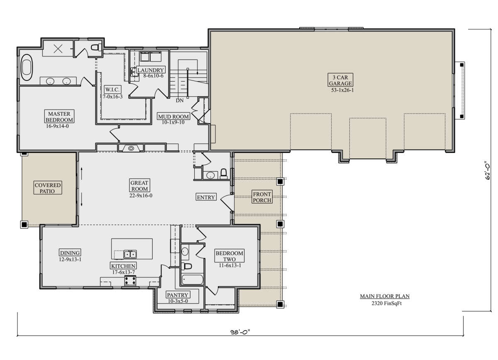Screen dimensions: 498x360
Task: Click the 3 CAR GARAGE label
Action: (340, 80)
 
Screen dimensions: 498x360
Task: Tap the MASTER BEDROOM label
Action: (59, 117)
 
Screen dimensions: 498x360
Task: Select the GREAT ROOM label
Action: (139, 186)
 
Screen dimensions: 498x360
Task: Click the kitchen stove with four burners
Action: (130, 280)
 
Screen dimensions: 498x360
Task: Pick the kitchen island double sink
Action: (130, 254)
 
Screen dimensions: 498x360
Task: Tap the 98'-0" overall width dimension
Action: (240, 332)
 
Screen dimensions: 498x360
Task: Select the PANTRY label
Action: (178, 295)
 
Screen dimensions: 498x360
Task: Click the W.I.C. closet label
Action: (112, 90)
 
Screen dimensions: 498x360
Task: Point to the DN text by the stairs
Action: (180, 101)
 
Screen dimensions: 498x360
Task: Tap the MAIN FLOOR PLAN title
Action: (385, 296)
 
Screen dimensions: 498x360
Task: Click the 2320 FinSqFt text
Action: (387, 303)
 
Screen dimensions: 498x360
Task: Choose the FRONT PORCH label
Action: (262, 197)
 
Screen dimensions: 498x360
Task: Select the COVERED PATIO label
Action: (48, 188)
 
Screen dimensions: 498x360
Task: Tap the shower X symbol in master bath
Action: (58, 49)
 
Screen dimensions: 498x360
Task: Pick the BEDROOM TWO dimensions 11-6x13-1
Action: (230, 265)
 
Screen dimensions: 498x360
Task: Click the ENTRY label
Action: (206, 197)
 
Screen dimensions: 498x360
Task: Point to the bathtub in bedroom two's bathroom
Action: (193, 280)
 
